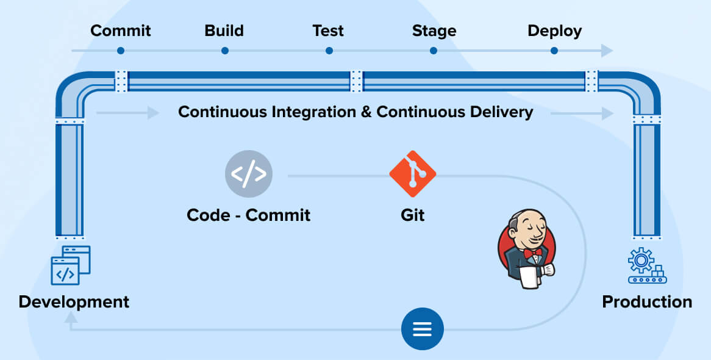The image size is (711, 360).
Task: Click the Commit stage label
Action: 121,31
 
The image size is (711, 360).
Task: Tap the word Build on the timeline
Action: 224,31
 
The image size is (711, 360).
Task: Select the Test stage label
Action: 328,31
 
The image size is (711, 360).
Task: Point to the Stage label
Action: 434,31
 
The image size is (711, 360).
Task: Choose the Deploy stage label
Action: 554,31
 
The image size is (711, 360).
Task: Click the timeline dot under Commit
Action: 121,51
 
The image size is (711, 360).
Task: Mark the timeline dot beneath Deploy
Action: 554,51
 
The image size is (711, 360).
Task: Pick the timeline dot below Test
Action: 329,51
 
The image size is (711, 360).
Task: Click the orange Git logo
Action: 413,173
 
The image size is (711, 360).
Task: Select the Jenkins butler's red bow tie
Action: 532,252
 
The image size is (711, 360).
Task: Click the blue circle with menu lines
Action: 422,329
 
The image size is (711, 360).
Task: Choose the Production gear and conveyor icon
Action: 646,265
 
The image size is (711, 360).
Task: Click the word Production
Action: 647,302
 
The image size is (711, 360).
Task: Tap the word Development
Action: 74,302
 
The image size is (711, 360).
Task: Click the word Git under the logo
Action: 413,215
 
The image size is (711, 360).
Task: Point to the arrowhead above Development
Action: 71,317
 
